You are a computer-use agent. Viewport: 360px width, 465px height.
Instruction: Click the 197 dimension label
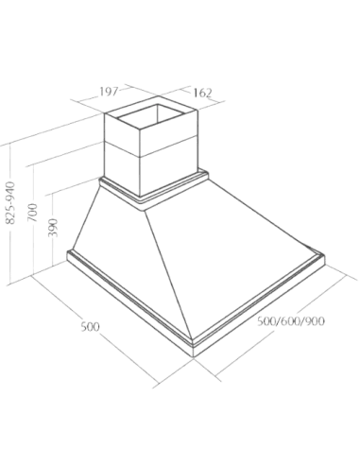(x=109, y=92)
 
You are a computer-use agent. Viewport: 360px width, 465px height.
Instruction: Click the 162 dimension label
(x=202, y=94)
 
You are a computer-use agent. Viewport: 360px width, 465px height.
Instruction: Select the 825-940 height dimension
(x=11, y=203)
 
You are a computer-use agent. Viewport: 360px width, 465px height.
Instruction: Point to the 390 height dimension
(x=54, y=227)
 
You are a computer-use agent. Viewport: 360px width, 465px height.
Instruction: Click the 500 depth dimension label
(x=91, y=327)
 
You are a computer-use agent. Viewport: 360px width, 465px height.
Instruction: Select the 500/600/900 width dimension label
(x=291, y=321)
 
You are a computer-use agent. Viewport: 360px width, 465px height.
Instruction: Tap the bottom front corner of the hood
(x=193, y=356)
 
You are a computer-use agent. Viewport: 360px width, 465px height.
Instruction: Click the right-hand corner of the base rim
(x=324, y=256)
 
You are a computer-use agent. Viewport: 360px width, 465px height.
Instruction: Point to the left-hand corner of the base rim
(x=67, y=252)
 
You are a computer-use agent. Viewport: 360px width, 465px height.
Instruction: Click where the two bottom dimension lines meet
(x=193, y=359)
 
